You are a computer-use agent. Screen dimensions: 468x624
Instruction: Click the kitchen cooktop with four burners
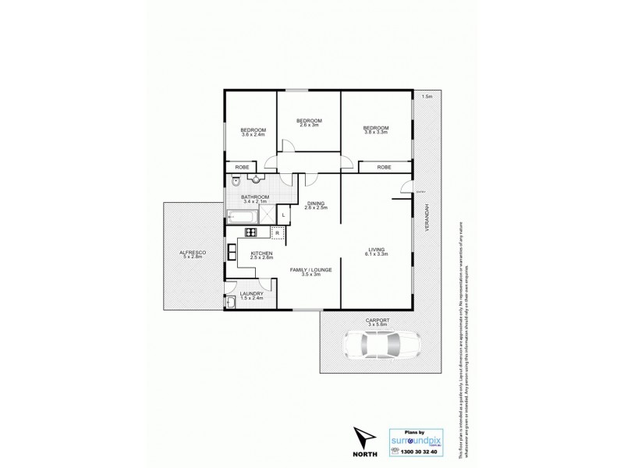click(x=251, y=232)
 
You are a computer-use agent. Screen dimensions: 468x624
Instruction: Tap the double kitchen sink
click(x=232, y=252)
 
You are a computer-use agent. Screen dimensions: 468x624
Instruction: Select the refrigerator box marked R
click(x=277, y=232)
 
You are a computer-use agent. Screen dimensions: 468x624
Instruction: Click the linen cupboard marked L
click(x=284, y=214)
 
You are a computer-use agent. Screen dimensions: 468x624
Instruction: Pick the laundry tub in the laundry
click(x=231, y=303)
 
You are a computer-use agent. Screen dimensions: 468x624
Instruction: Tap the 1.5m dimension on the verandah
click(x=426, y=96)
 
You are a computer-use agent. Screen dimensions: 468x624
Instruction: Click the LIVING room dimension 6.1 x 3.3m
click(x=377, y=254)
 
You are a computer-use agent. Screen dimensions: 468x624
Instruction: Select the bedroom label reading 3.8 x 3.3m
click(x=375, y=132)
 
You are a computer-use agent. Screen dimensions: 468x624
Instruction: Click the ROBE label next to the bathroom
click(x=242, y=168)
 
